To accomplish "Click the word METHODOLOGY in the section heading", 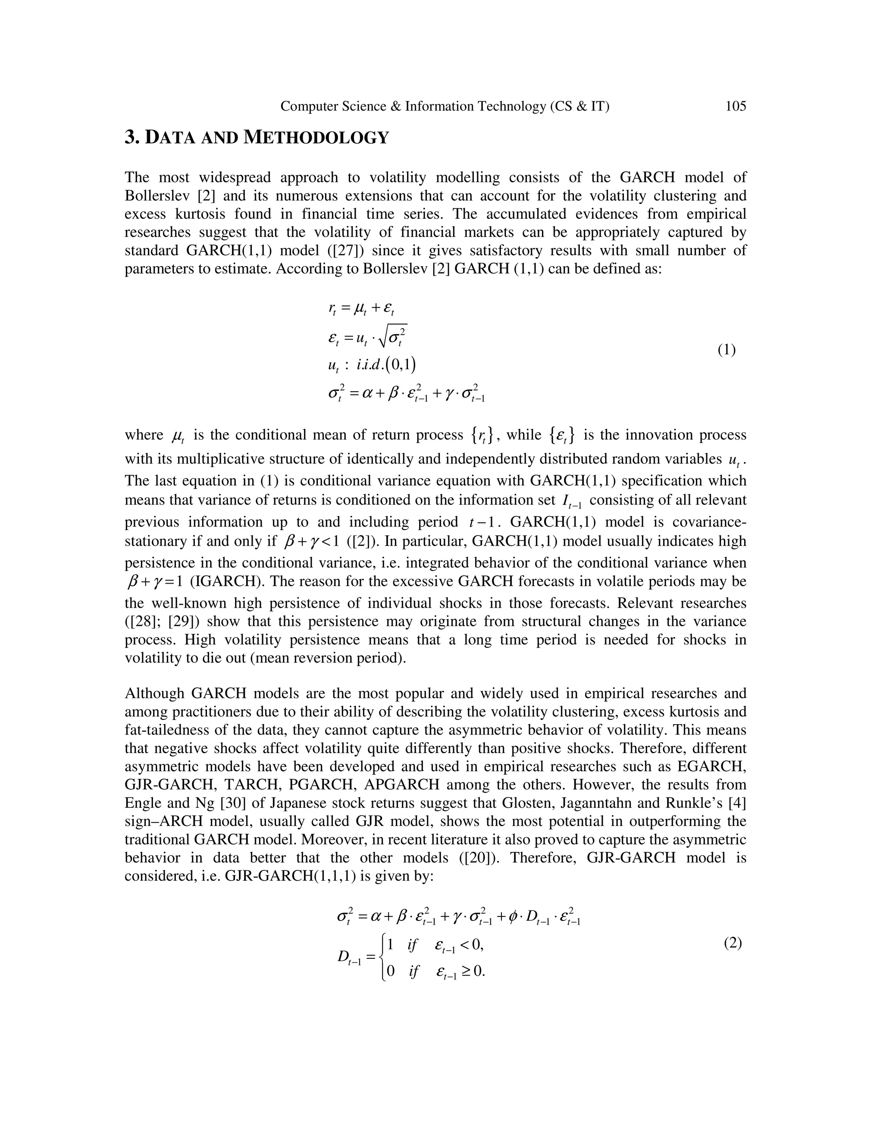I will point(316,138).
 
